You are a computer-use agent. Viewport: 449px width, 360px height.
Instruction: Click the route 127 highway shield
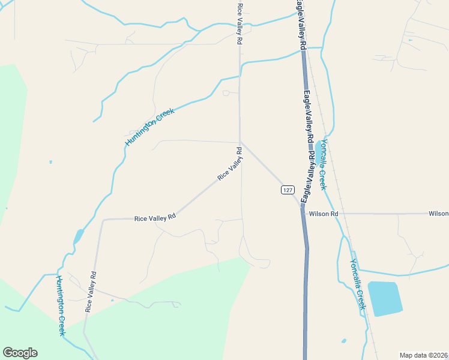point(288,190)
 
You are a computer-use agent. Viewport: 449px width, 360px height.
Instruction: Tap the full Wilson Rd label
point(324,214)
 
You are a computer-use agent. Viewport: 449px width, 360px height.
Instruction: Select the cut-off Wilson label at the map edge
point(439,214)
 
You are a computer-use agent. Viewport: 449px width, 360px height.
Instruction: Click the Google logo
point(20,353)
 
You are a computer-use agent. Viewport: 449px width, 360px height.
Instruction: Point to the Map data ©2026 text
point(423,355)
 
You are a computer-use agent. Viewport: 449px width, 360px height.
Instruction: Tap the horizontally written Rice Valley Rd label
point(155,218)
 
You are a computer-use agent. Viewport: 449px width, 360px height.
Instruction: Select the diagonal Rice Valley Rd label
point(229,163)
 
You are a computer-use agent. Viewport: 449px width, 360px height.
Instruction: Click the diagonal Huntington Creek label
point(149,127)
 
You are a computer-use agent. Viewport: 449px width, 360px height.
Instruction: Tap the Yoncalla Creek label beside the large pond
point(358,283)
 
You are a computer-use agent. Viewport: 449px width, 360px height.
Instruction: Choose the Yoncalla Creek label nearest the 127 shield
point(323,164)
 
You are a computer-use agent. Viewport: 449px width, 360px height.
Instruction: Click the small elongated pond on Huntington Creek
point(78,236)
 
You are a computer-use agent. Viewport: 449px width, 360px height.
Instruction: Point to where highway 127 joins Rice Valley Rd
point(240,142)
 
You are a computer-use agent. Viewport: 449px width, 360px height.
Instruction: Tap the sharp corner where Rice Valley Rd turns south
point(103,220)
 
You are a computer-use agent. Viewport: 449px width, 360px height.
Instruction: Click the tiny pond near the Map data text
point(344,341)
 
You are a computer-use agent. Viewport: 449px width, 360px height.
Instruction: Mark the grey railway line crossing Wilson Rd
point(341,213)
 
